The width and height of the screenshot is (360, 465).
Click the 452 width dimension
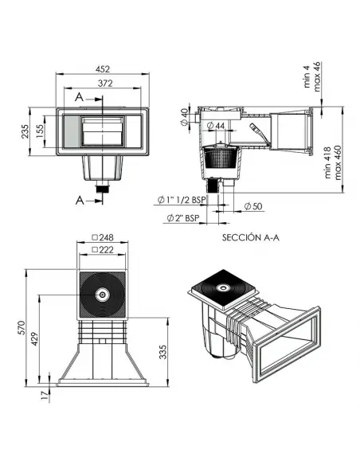pos(103,69)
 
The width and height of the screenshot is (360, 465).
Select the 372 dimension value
pos(105,84)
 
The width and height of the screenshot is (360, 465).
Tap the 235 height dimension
pos(25,131)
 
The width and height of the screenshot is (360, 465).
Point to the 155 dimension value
pos(40,131)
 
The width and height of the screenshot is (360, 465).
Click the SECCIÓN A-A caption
pos(251,237)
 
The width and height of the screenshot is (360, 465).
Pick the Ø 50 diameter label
pos(253,206)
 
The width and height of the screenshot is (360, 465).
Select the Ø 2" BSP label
pos(183,218)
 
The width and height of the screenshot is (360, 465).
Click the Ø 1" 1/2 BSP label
pos(181,200)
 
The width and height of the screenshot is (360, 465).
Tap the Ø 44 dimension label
pos(216,126)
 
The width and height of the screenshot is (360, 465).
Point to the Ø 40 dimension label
pos(185,117)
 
